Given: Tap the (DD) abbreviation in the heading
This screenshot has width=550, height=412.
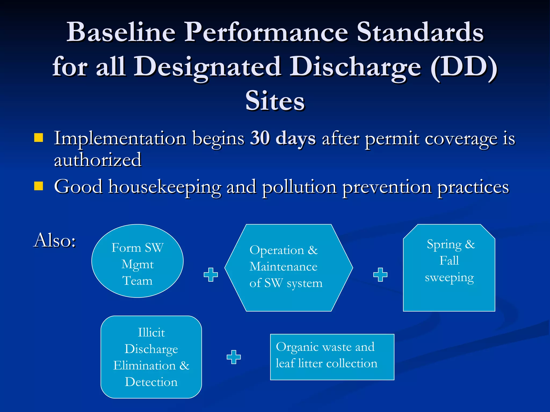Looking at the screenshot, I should point(464,67).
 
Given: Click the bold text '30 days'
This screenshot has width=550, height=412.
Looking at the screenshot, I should point(283,138).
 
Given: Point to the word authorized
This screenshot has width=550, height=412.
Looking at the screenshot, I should point(98,160).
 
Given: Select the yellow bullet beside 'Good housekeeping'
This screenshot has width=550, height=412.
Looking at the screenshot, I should point(39,186).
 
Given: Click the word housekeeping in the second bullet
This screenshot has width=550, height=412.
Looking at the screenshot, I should point(165,187).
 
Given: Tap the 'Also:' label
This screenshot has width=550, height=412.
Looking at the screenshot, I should point(55,240).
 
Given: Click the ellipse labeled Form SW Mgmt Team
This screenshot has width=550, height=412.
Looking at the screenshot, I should point(137,261).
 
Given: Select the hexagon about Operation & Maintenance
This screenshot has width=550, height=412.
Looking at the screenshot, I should point(288,268).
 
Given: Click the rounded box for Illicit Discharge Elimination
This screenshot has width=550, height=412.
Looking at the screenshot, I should point(151,357).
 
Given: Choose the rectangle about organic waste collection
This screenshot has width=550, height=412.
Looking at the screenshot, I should point(332,357).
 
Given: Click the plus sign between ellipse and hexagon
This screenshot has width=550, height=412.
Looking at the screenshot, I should point(211,274).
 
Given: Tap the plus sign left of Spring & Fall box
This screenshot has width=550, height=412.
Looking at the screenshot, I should point(380,274).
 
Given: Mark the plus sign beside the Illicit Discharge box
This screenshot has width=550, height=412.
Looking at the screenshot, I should point(234,357).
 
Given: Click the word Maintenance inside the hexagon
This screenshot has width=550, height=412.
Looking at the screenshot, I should point(283,267).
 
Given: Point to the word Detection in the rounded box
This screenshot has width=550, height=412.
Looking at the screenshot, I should point(151,382).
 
